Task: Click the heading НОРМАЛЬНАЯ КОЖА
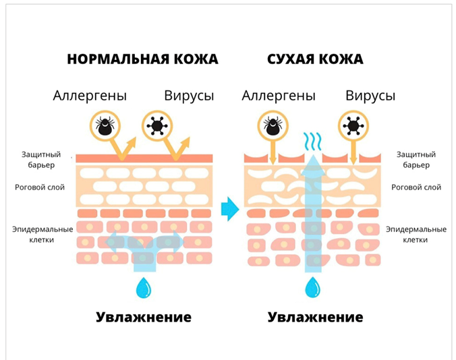[143, 59]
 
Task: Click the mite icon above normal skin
[105, 125]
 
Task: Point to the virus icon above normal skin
[157, 125]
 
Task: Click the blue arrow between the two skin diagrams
[231, 208]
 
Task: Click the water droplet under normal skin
[143, 289]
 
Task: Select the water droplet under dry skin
[312, 289]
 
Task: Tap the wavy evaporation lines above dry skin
[312, 140]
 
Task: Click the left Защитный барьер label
[38, 160]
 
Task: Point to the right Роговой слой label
[419, 187]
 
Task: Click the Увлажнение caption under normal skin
[143, 317]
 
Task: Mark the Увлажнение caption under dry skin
[315, 317]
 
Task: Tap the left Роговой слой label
[38, 187]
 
